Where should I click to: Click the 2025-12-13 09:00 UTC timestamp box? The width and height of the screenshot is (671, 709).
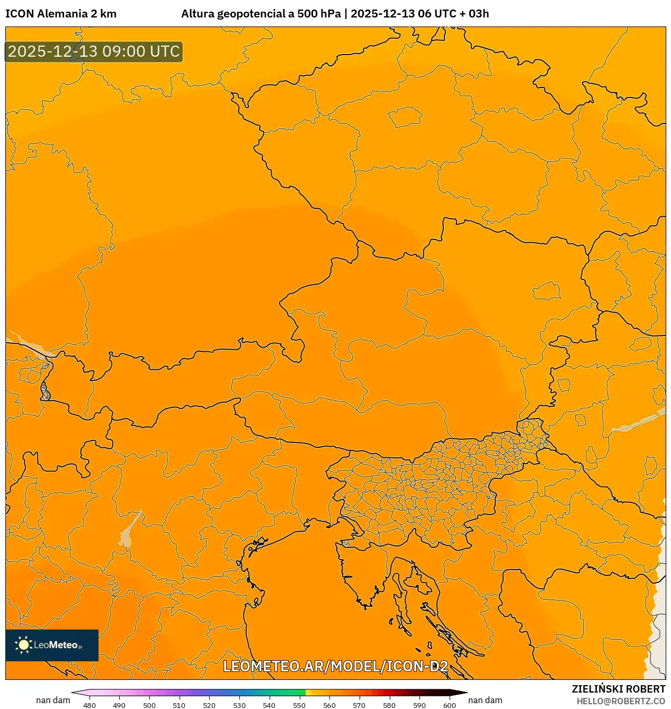point(94,52)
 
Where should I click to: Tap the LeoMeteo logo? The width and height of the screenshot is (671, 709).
point(52,645)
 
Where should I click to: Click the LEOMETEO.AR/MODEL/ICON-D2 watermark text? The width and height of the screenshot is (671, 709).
point(335,666)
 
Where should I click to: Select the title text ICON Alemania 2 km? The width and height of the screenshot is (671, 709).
point(61,14)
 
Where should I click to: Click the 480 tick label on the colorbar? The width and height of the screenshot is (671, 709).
point(90,705)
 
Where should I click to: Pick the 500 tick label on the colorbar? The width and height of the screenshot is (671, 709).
point(149,705)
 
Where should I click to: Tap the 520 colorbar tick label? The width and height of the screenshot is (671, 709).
point(209,705)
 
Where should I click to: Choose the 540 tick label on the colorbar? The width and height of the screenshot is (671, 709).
point(269,705)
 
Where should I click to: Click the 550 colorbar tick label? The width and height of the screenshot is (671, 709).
point(299,705)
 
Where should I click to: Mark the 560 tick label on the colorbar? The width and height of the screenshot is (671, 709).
point(329,705)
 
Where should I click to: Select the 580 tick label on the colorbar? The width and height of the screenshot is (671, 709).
point(389,705)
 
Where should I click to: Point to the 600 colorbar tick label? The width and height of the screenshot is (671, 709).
point(449,705)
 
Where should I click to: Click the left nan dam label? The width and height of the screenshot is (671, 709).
point(53,701)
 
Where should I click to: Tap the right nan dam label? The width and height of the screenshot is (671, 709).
point(485,701)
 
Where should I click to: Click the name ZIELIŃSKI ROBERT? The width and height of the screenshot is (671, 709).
point(618,689)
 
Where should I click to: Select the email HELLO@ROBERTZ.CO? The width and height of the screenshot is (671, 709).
point(621,701)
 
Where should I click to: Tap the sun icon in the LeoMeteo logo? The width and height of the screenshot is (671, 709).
point(23,645)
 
